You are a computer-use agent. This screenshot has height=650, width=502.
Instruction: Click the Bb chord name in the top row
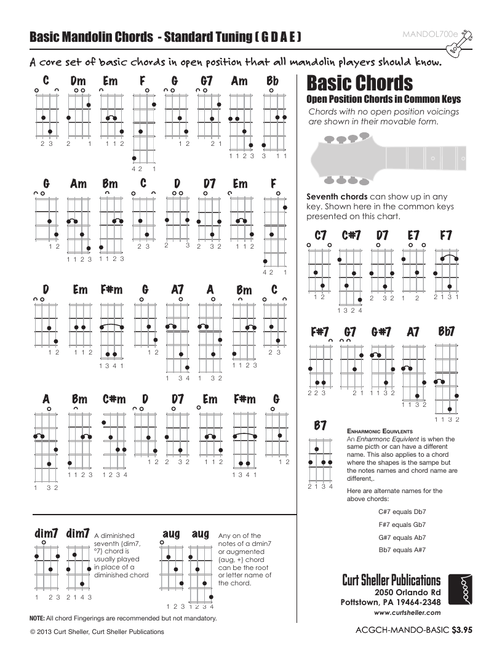click(x=272, y=81)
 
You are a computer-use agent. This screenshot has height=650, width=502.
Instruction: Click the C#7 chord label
click(x=351, y=235)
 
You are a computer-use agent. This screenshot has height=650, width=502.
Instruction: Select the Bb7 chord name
click(x=447, y=332)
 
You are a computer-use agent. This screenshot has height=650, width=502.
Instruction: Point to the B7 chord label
click(x=320, y=425)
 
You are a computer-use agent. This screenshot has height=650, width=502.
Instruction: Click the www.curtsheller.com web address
click(x=407, y=612)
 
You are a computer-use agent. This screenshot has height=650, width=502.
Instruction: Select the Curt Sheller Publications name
click(x=391, y=580)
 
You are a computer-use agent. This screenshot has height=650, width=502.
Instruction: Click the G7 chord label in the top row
click(x=207, y=81)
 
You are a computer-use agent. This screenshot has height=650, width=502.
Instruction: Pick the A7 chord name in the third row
click(x=177, y=289)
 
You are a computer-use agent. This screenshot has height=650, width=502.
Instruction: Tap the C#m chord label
click(x=114, y=399)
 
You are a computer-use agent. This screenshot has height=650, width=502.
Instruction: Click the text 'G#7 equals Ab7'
click(x=403, y=537)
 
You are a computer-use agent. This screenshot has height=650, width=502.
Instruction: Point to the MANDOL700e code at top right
click(x=426, y=34)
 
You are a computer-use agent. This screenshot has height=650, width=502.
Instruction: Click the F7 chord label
click(x=446, y=235)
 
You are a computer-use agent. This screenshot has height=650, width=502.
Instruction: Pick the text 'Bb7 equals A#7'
click(x=403, y=549)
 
